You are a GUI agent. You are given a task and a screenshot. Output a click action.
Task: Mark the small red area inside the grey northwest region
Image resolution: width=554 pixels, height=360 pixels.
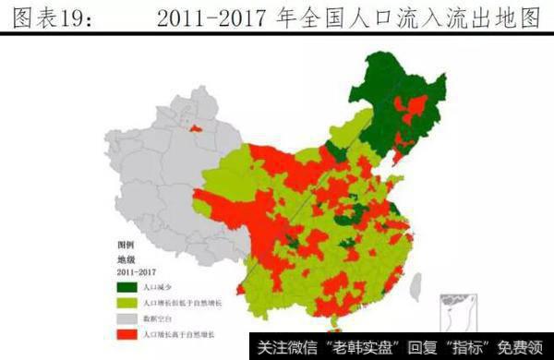[196, 126]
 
